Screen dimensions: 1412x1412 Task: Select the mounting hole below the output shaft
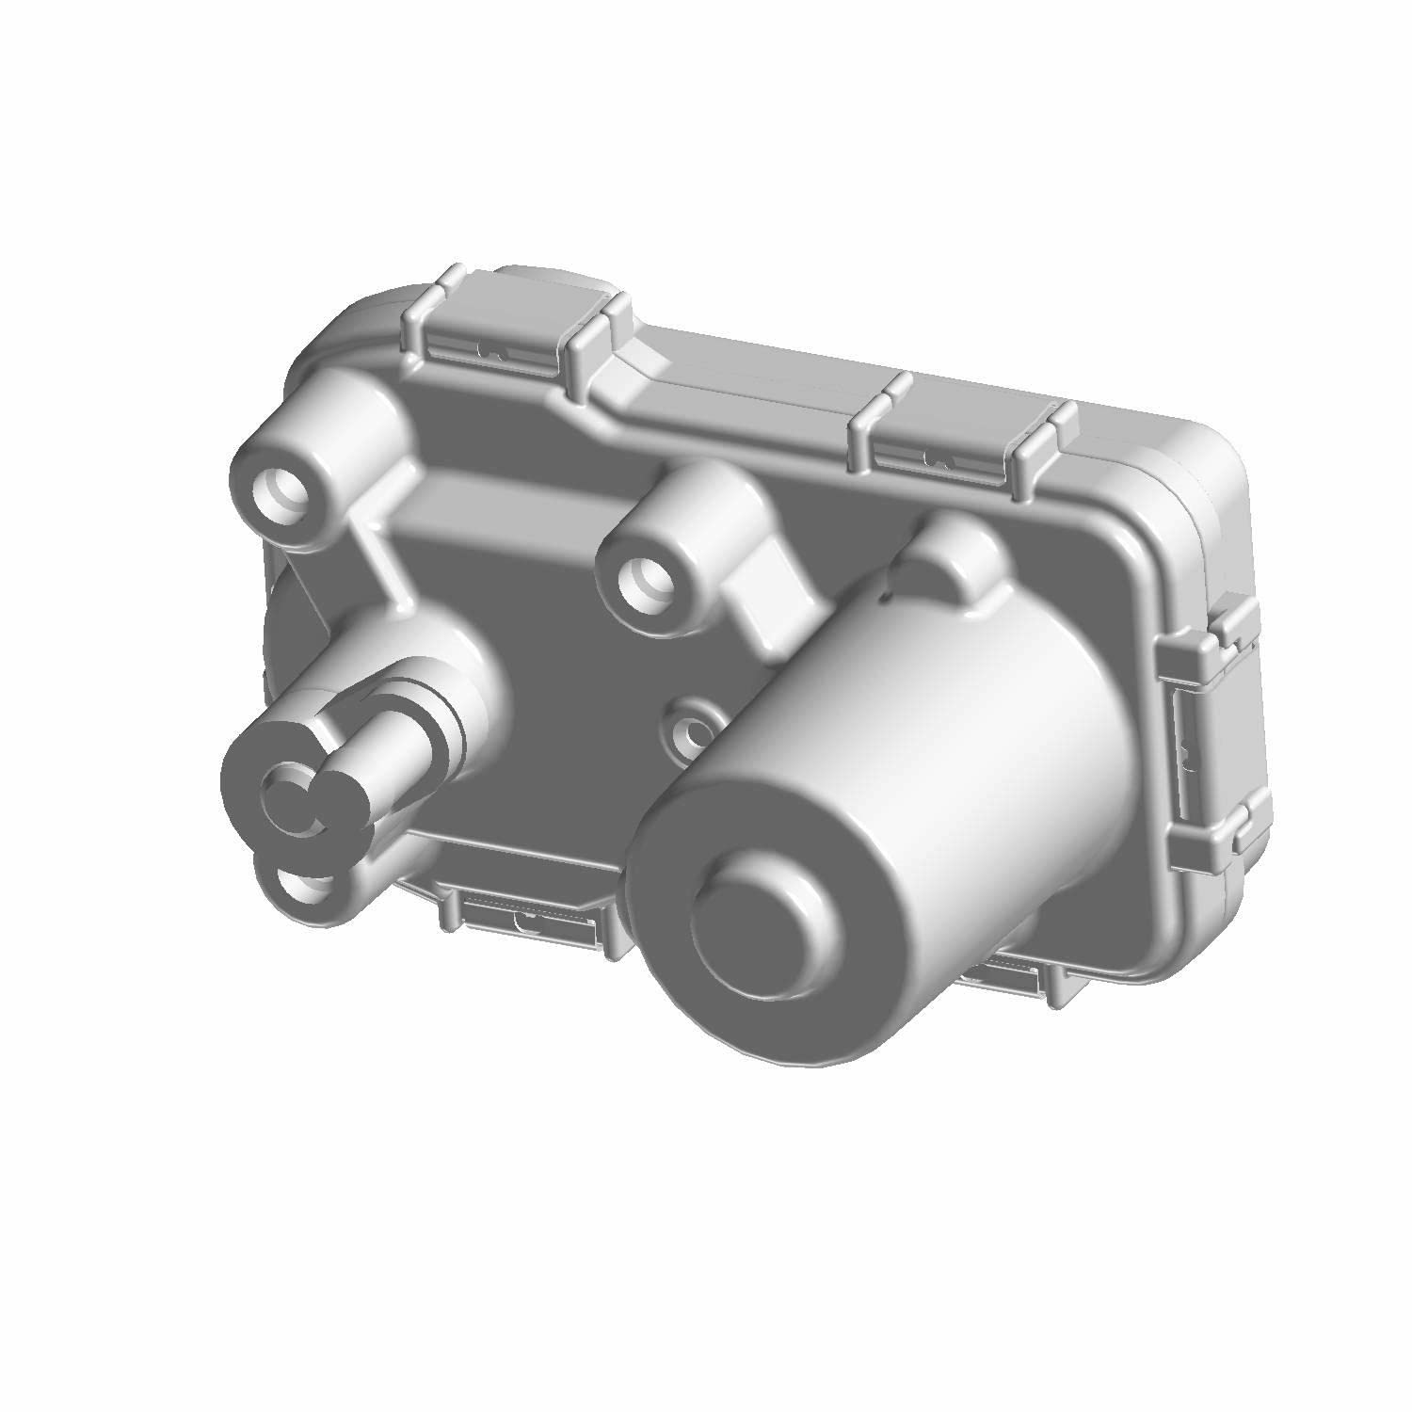(x=303, y=886)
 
